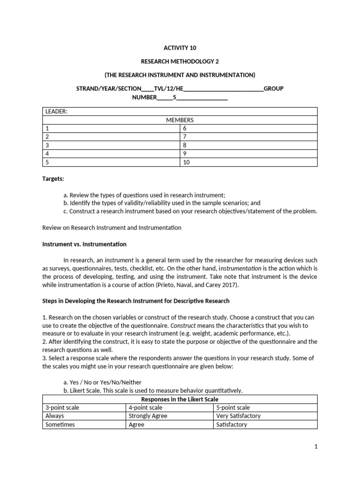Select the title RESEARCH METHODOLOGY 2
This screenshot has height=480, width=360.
(x=180, y=61)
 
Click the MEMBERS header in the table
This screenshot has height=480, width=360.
(x=180, y=120)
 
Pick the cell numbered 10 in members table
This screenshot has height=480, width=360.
(x=187, y=162)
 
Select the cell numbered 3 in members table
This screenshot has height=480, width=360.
(x=47, y=145)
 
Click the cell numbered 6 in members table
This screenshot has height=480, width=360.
(x=186, y=128)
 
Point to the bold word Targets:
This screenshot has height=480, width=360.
(x=53, y=179)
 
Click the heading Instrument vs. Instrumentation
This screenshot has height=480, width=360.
(x=84, y=244)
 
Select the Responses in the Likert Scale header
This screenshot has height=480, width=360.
(x=180, y=399)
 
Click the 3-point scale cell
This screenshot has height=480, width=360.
(x=62, y=408)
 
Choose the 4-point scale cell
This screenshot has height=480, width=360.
(x=146, y=408)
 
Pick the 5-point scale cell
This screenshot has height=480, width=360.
(x=233, y=408)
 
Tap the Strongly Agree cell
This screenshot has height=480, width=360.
(x=148, y=416)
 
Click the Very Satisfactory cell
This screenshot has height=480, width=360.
(x=238, y=416)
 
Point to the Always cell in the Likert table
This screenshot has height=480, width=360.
(x=55, y=416)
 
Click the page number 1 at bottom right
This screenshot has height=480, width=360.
(x=316, y=447)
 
